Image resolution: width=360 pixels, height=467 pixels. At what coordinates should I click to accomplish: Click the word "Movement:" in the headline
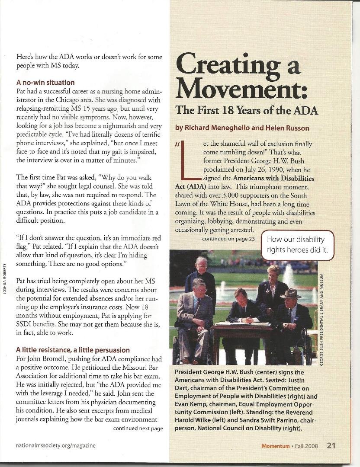(x=241, y=88)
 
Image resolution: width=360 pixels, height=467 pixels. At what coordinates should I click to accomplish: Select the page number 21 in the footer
(x=331, y=445)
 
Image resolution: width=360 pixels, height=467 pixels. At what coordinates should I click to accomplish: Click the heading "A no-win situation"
(x=45, y=82)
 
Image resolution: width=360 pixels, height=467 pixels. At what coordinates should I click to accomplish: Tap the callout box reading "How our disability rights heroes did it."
(x=298, y=245)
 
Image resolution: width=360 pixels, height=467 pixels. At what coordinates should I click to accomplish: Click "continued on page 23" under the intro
(x=228, y=238)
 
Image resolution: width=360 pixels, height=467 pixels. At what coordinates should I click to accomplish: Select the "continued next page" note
(x=138, y=429)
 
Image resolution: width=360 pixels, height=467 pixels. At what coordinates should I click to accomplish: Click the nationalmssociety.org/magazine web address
(x=56, y=445)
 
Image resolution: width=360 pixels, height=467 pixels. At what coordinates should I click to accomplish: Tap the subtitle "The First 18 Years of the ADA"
(x=246, y=110)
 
